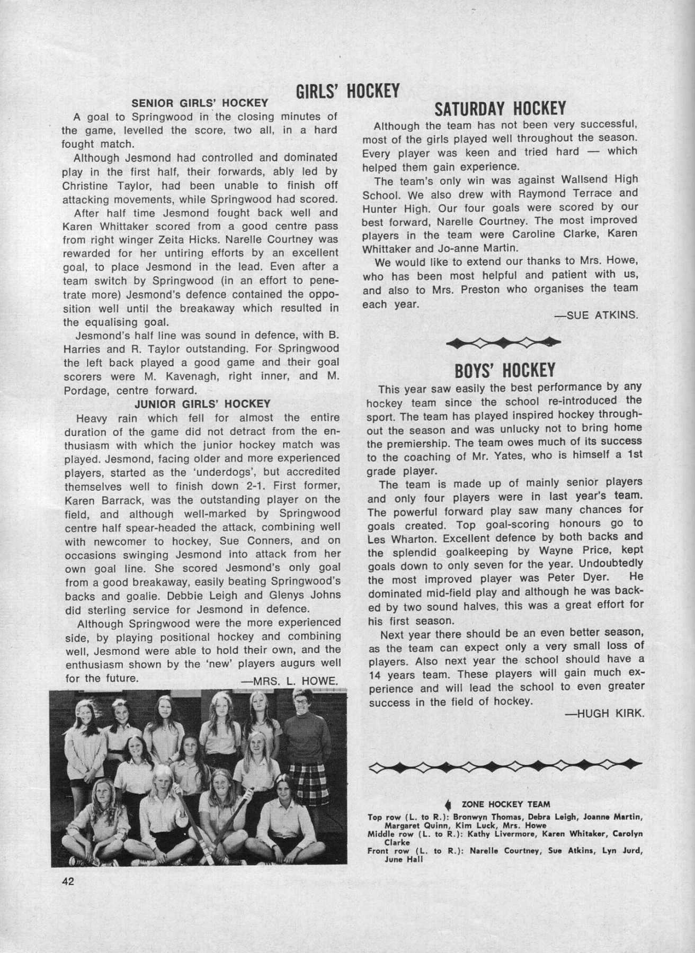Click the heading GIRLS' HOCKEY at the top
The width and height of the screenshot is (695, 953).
pyautogui.click(x=347, y=91)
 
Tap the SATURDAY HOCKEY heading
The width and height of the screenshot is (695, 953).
pyautogui.click(x=500, y=109)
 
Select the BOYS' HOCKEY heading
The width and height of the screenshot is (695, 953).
pyautogui.click(x=505, y=369)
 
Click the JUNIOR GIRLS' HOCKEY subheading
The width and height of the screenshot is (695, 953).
pyautogui.click(x=203, y=404)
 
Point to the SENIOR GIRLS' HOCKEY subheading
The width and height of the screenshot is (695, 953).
pyautogui.click(x=200, y=103)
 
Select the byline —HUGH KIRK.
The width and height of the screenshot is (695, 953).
pyautogui.click(x=605, y=713)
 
